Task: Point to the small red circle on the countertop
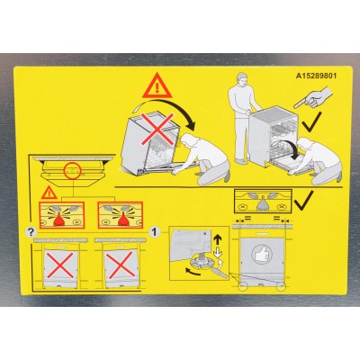[71, 168]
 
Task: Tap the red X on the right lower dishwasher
[122, 267]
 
